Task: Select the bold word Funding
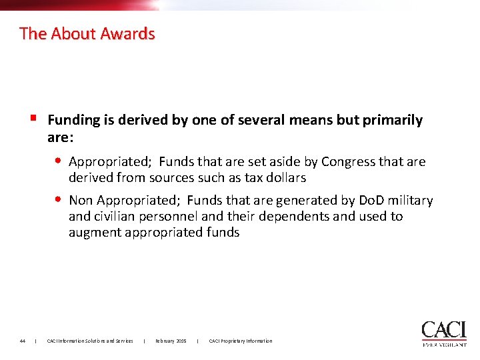click(x=73, y=120)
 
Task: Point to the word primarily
click(x=391, y=120)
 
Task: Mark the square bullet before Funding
click(x=33, y=119)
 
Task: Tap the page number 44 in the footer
click(x=23, y=341)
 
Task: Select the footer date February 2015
click(x=171, y=341)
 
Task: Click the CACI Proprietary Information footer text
click(x=241, y=341)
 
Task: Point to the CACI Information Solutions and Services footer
click(x=90, y=341)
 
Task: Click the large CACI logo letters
click(x=444, y=330)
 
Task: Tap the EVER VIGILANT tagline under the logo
click(x=444, y=345)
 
